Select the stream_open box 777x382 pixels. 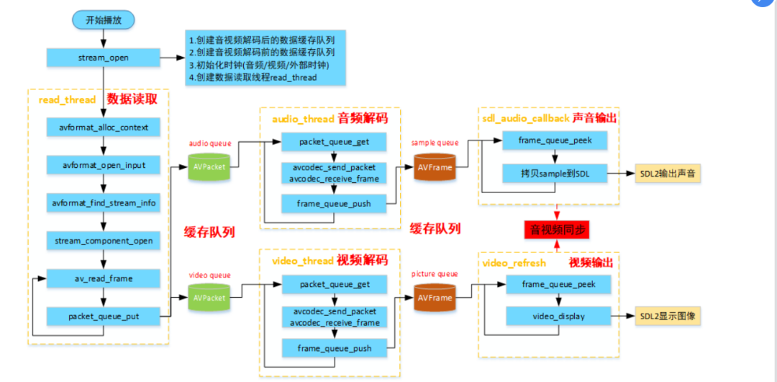point(104,58)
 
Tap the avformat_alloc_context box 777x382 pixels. point(104,128)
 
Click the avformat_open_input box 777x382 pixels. point(104,165)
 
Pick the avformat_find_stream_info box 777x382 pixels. point(104,203)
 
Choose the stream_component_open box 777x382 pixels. point(104,241)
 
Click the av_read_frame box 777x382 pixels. point(104,278)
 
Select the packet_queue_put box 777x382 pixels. point(104,316)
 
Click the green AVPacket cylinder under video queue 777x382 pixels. point(209,296)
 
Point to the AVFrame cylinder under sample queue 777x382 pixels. point(435,167)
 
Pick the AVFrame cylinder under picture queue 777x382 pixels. point(435,296)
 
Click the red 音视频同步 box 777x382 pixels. point(556,231)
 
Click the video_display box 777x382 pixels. point(558,316)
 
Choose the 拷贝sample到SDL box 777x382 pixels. point(555,173)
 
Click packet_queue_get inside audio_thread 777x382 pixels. point(334,142)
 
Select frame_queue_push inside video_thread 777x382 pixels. point(334,348)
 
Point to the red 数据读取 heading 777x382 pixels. point(137,99)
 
